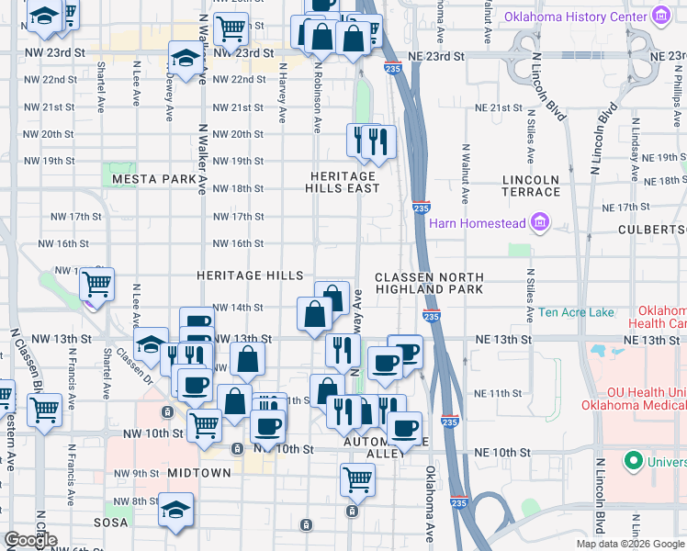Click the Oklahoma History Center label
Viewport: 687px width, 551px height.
(x=576, y=16)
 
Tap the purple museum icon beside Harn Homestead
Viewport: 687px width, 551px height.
(x=539, y=222)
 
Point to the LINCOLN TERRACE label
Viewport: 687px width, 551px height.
(x=531, y=186)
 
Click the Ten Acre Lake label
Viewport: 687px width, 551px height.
(x=576, y=313)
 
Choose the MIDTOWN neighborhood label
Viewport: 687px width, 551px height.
(x=199, y=472)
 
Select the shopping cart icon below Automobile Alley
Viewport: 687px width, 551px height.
(x=356, y=478)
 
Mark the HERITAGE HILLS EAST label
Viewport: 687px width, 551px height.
(x=343, y=182)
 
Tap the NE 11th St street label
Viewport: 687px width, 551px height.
(x=499, y=393)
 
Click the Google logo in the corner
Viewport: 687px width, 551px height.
(x=30, y=540)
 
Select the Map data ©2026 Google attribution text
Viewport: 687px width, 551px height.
(x=629, y=544)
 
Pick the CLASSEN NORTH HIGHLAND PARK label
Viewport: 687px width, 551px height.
(x=428, y=283)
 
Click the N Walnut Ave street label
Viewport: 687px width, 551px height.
(x=466, y=174)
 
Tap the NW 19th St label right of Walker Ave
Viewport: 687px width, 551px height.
(x=239, y=162)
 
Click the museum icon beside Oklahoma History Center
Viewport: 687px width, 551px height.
(x=659, y=16)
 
